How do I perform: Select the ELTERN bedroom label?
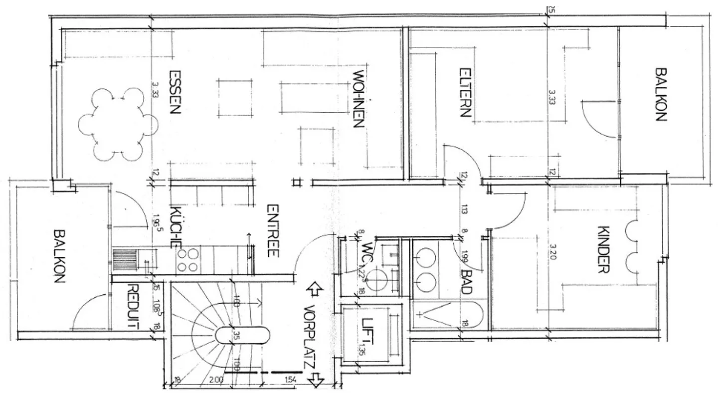464,92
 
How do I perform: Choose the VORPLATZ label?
310,337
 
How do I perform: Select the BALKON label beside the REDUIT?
59,256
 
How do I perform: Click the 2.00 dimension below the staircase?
216,380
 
